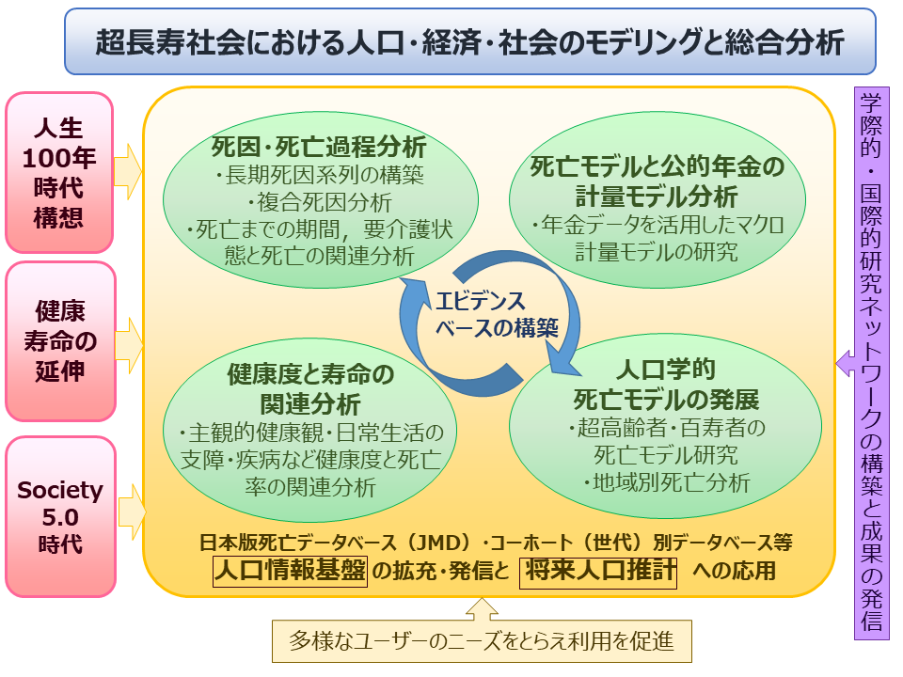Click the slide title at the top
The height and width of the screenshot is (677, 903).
click(469, 41)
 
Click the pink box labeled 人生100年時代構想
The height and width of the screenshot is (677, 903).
click(59, 172)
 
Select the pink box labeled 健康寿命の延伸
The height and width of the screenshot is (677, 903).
click(60, 340)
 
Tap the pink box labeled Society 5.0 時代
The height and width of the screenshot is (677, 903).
click(60, 516)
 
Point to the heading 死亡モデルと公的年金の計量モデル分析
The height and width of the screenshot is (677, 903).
click(657, 182)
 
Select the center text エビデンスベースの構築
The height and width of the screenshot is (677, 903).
click(483, 315)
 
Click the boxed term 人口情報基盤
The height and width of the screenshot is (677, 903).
click(290, 570)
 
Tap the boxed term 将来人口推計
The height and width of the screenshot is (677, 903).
click(598, 570)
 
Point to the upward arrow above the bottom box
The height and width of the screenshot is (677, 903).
click(481, 610)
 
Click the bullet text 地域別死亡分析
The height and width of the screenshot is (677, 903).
click(666, 483)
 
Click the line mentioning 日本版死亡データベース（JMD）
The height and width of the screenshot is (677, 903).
click(497, 543)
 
